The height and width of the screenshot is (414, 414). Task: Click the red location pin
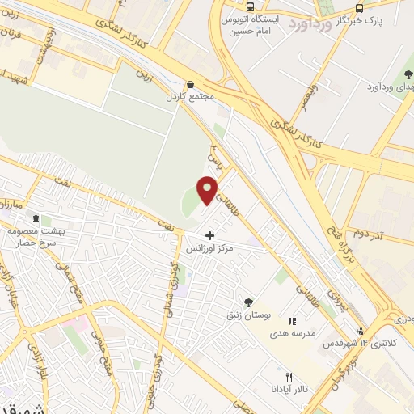pos(209,190)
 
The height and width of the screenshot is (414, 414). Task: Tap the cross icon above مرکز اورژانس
pos(210,235)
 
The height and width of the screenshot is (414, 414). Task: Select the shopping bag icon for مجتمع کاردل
pos(190,84)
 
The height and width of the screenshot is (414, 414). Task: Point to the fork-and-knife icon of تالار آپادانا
pos(289,377)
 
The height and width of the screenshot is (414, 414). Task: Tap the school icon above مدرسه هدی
pos(292,320)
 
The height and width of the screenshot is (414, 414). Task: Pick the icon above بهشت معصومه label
pos(36,218)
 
